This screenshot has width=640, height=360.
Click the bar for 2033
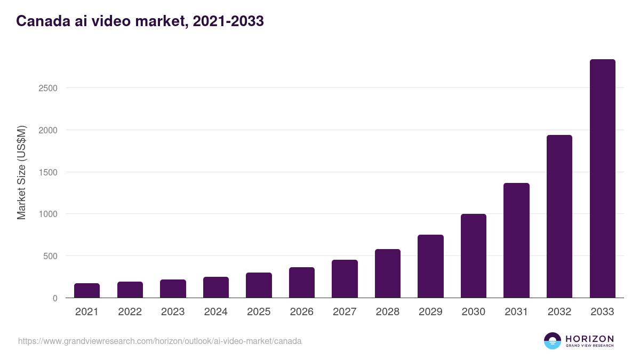[x=602, y=179]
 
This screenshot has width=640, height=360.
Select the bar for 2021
[x=87, y=291]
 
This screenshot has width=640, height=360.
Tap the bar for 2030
[x=474, y=256]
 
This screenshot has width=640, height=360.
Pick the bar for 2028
[x=388, y=274]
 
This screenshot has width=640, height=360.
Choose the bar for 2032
[x=559, y=217]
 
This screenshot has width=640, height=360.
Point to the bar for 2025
[x=259, y=285]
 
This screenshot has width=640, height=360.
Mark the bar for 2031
[x=516, y=241]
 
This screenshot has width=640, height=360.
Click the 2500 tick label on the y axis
[x=48, y=88]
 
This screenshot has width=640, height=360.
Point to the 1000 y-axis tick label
[x=48, y=214]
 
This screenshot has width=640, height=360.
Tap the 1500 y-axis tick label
[x=48, y=172]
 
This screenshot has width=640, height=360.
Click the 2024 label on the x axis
[x=215, y=312]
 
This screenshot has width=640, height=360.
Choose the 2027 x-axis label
[x=345, y=312]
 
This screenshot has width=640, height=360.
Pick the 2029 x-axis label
[x=430, y=312]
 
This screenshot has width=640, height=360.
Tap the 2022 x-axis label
[x=130, y=312]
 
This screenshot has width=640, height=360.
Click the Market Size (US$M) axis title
[x=21, y=172]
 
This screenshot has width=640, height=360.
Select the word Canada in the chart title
[x=40, y=21]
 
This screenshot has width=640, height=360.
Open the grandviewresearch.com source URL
[x=159, y=341]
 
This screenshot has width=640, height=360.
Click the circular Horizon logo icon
[x=552, y=341]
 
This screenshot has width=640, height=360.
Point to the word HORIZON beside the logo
[x=589, y=338]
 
